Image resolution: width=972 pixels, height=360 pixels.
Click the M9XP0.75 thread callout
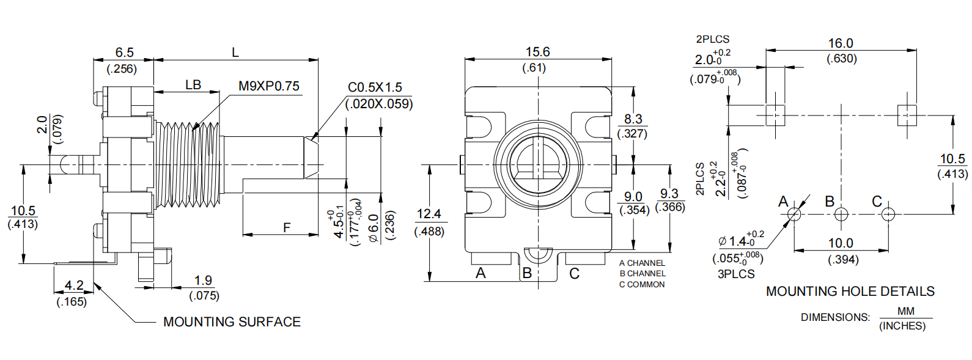point(269,86)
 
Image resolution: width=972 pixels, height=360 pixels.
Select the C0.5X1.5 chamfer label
point(375,87)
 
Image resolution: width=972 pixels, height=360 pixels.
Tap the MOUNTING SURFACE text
point(232,321)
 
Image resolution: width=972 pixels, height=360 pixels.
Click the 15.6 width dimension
point(537,52)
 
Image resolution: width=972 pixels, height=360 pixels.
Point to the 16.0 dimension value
point(841,43)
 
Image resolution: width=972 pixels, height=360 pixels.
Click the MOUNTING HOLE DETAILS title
point(850,292)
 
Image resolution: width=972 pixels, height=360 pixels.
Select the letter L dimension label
point(235,53)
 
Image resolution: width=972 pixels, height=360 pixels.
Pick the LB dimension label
point(193,85)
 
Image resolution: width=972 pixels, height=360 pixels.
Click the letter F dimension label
point(287,228)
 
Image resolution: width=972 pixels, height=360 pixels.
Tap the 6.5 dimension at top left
point(124,53)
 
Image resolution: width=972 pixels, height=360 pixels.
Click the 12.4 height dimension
point(429,214)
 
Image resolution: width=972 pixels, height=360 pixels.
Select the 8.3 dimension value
point(633,119)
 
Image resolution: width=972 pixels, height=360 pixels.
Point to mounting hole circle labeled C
point(888,215)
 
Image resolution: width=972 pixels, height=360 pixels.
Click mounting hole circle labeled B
point(841,215)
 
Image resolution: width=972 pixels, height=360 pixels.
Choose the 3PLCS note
point(736,274)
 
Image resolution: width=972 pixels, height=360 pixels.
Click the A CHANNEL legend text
point(642,263)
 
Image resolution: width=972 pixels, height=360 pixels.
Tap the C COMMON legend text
point(642,284)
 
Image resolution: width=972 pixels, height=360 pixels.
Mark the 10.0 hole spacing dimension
point(841,243)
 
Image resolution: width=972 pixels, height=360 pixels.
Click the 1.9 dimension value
point(203,281)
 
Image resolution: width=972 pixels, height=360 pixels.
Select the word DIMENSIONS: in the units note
point(835,317)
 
